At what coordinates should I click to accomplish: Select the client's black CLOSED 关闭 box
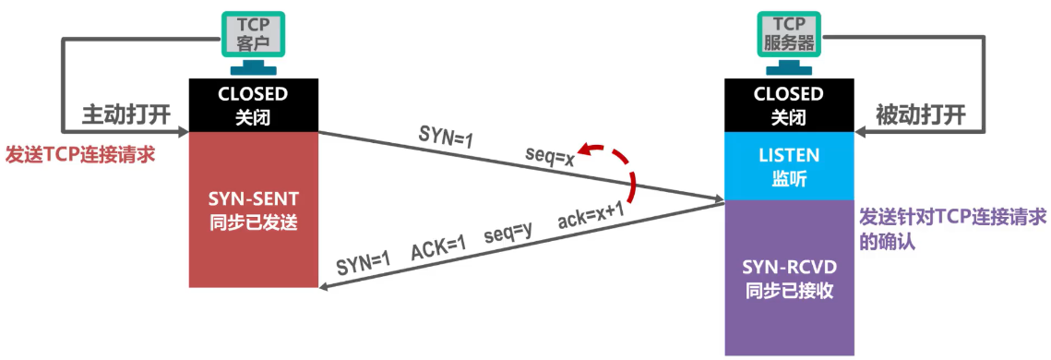click(x=253, y=105)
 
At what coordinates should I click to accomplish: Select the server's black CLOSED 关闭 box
click(x=788, y=105)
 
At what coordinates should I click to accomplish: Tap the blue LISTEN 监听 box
click(x=788, y=165)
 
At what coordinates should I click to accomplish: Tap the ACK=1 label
click(x=440, y=247)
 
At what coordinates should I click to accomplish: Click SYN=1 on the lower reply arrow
click(x=364, y=262)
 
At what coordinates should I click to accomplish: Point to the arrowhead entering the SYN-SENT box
click(x=324, y=288)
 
